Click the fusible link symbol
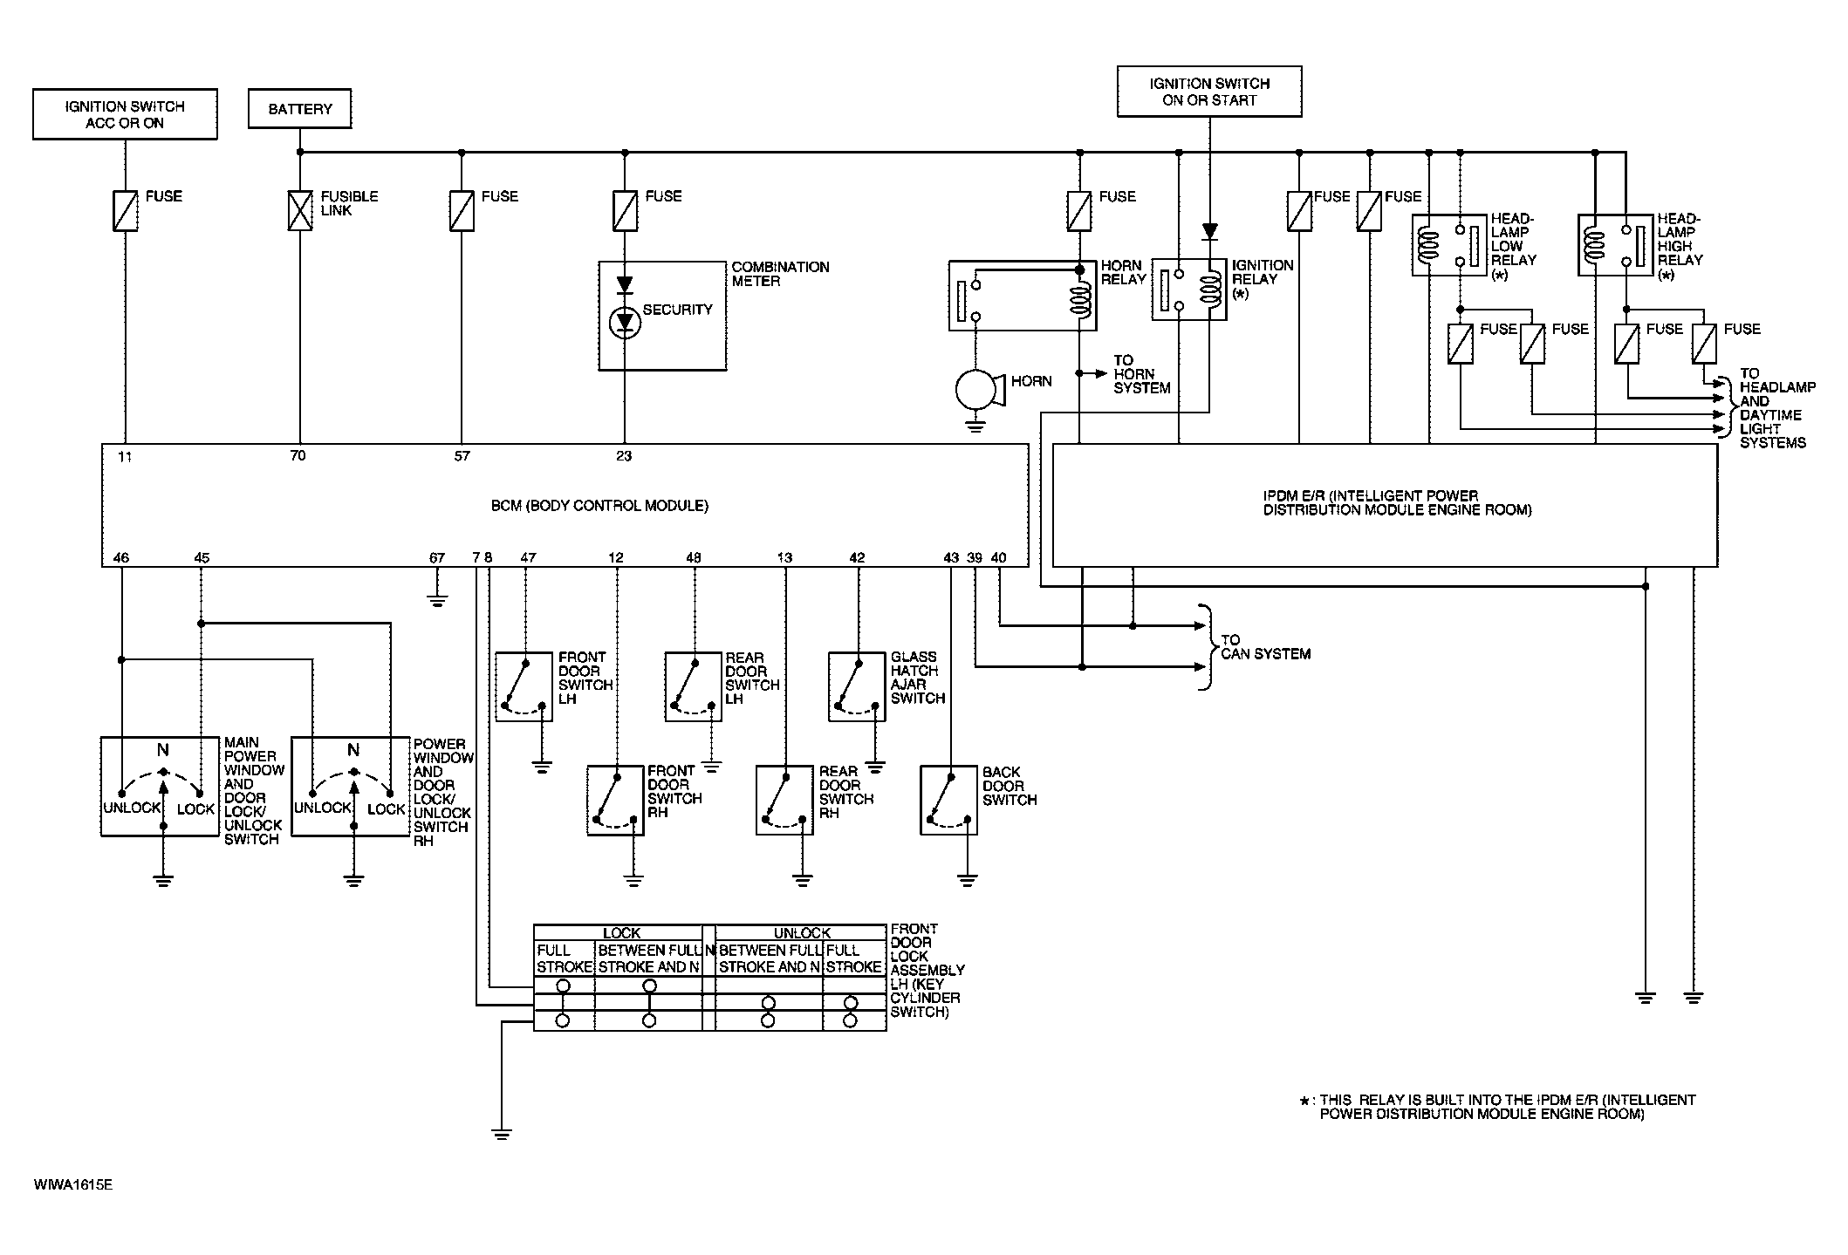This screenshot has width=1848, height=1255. (x=300, y=210)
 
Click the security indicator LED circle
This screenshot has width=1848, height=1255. (x=624, y=324)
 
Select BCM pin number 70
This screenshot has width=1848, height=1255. (x=298, y=455)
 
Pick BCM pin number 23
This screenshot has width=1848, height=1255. (x=624, y=455)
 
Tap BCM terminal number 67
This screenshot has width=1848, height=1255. (x=437, y=557)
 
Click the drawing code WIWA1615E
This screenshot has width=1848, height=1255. (x=74, y=1185)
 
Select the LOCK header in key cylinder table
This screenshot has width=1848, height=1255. (x=621, y=933)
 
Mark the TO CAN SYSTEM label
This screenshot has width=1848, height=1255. (x=1265, y=646)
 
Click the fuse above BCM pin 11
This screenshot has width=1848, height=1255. (x=125, y=210)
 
